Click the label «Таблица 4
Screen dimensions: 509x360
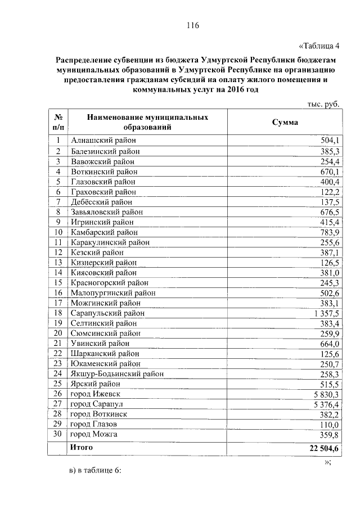(x=318, y=46)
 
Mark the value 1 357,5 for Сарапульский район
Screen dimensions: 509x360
(x=323, y=313)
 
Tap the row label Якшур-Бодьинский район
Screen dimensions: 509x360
(x=118, y=374)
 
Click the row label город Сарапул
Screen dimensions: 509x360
(x=97, y=404)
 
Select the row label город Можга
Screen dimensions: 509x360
(x=94, y=435)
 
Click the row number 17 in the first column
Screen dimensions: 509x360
(x=57, y=303)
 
